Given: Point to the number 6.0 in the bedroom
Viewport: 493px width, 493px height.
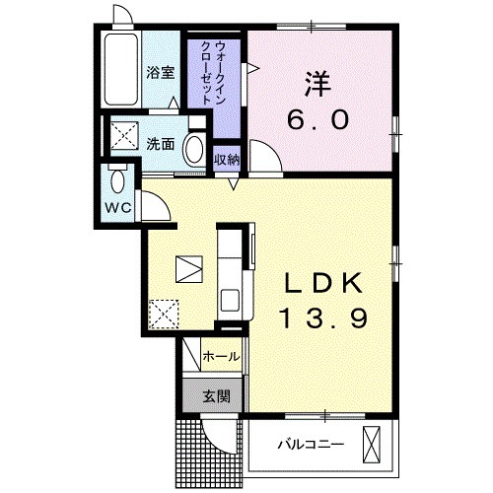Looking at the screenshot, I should pyautogui.click(x=317, y=120).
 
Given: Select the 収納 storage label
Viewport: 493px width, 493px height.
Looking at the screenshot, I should pyautogui.click(x=226, y=161).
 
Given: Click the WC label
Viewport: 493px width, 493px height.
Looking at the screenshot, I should pyautogui.click(x=118, y=209).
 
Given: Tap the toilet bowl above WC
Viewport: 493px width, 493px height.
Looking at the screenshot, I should pyautogui.click(x=118, y=182).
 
